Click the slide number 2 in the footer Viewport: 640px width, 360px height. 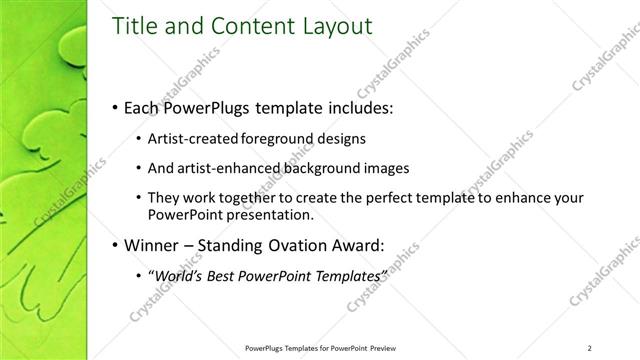(590, 347)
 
